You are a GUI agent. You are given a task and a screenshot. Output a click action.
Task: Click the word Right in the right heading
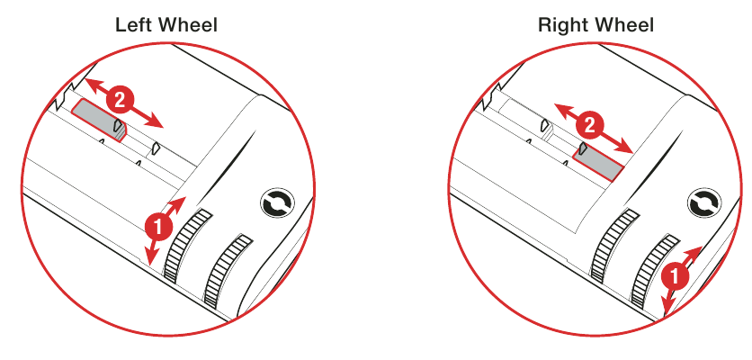[x=559, y=25]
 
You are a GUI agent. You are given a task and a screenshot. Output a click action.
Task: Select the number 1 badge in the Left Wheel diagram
[x=158, y=226]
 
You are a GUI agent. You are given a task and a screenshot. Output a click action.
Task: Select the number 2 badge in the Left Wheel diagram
[x=119, y=100]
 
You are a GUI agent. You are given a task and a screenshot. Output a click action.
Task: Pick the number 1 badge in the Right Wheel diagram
[x=675, y=277]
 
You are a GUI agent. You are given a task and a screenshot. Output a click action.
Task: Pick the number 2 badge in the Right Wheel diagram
[x=589, y=126]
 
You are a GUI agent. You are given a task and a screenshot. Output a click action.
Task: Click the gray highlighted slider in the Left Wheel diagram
[x=98, y=120]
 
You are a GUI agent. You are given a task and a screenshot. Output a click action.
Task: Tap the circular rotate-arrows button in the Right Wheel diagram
[x=704, y=204]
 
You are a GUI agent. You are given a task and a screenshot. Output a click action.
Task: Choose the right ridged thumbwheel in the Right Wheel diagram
[x=652, y=271]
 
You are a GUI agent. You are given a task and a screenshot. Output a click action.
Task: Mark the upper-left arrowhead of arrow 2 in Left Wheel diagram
[x=90, y=83]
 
